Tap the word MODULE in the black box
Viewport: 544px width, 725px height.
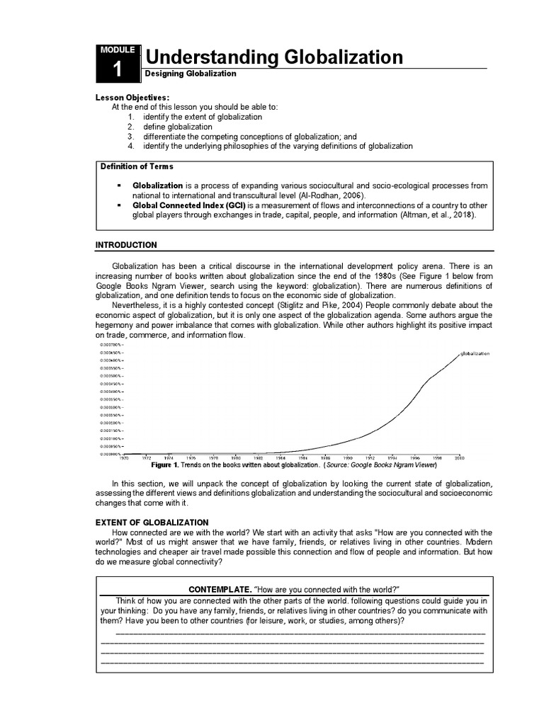tap(118, 50)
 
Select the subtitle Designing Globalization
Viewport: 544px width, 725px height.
tap(190, 73)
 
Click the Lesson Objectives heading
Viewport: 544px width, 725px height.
tap(132, 97)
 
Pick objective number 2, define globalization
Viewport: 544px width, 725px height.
tap(177, 126)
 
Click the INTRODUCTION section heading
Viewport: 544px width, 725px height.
tap(126, 245)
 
